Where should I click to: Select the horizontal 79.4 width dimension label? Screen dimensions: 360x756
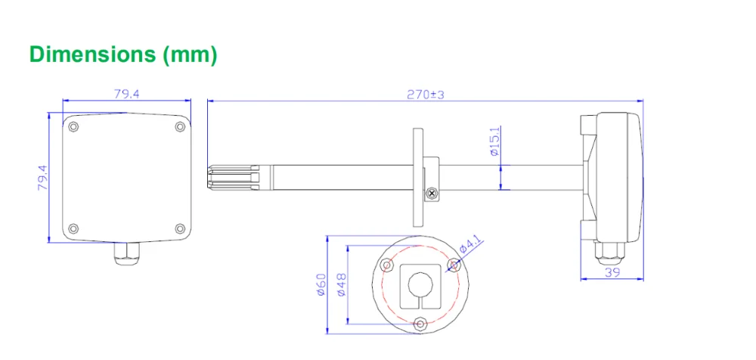click(127, 95)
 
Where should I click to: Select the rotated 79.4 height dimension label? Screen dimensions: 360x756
click(43, 178)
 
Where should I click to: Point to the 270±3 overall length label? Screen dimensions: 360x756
click(425, 95)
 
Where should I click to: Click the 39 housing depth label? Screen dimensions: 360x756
click(612, 273)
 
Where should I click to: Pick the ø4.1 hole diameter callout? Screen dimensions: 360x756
click(470, 247)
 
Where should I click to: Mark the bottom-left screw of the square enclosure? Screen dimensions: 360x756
click(73, 228)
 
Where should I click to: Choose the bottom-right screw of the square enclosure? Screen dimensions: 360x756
click(180, 228)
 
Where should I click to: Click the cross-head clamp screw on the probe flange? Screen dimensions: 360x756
click(432, 194)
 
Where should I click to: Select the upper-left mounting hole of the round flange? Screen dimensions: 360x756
click(387, 265)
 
